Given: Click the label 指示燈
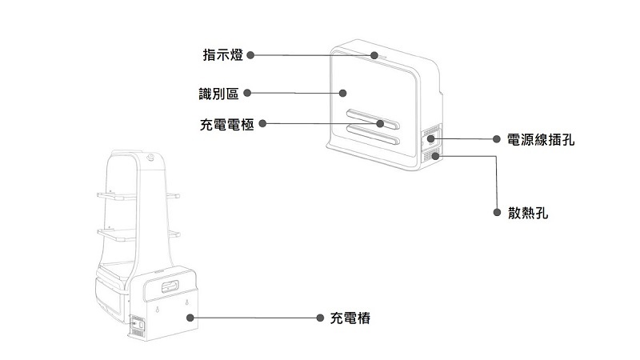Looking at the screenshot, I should pyautogui.click(x=222, y=55).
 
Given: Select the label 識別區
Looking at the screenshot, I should pyautogui.click(x=218, y=94).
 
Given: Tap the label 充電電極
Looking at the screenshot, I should pyautogui.click(x=226, y=125).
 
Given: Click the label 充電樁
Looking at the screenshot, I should pyautogui.click(x=350, y=318).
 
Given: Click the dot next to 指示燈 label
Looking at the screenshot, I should pyautogui.click(x=250, y=55).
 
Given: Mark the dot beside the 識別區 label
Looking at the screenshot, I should pyautogui.click(x=247, y=94).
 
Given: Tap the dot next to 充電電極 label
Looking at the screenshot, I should pyautogui.click(x=262, y=124).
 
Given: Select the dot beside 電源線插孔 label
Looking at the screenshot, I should pyautogui.click(x=497, y=139).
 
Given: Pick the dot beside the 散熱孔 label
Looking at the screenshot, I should pyautogui.click(x=497, y=214).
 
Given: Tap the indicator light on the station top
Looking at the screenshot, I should pyautogui.click(x=376, y=56).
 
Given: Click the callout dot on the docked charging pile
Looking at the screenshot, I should pyautogui.click(x=190, y=318).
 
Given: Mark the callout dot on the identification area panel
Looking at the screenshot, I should pyautogui.click(x=342, y=94).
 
